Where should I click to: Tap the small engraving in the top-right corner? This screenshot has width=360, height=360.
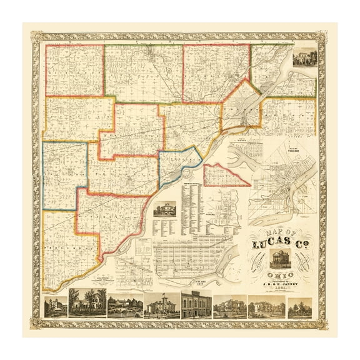tap(304, 57)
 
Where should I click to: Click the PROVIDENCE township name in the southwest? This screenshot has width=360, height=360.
tap(62, 247)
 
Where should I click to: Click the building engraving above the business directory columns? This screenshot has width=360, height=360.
tap(165, 209)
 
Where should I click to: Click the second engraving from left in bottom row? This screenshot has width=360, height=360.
tap(87, 305)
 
